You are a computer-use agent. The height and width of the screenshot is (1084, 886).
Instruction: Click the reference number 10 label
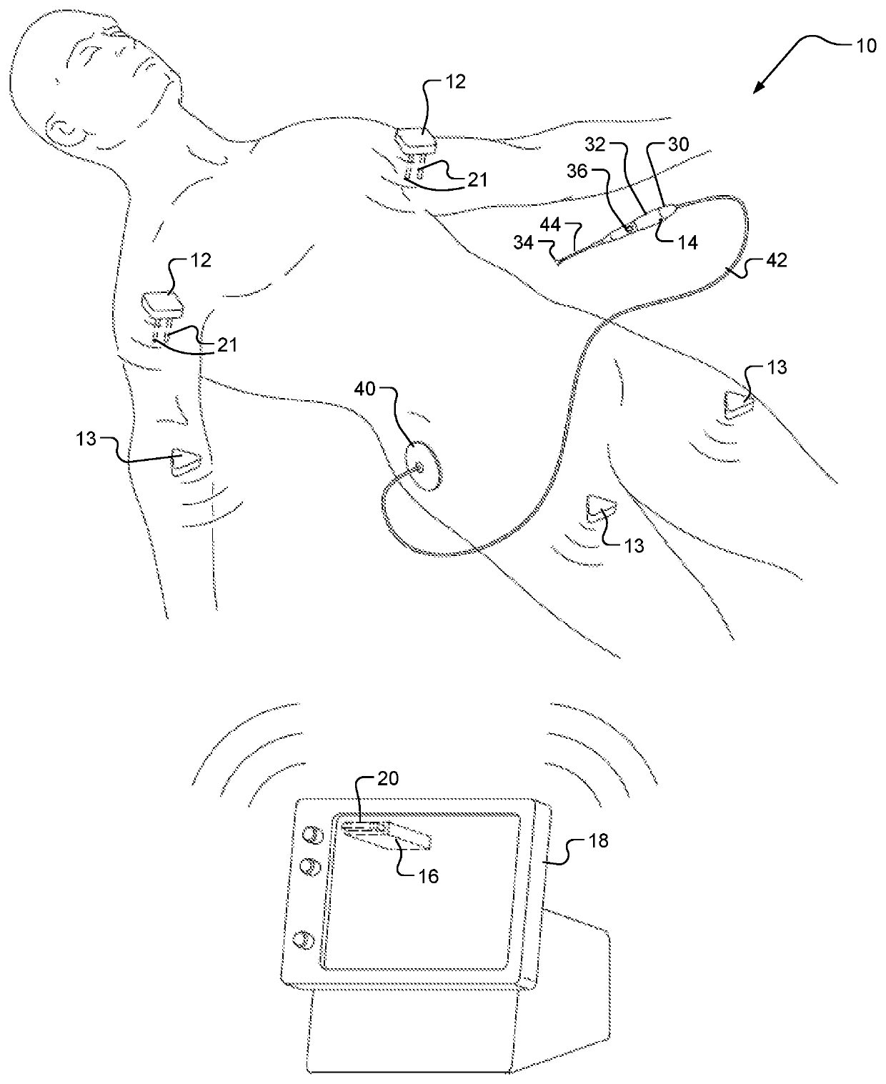click(x=865, y=46)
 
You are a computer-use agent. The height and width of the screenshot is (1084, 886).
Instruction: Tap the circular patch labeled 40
click(x=421, y=466)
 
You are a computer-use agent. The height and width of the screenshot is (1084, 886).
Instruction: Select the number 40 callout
click(x=365, y=390)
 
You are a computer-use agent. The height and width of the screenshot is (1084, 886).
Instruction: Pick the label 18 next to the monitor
click(x=598, y=841)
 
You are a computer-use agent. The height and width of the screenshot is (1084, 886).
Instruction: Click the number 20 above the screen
click(x=388, y=778)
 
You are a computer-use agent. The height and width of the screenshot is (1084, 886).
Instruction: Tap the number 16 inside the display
click(x=428, y=876)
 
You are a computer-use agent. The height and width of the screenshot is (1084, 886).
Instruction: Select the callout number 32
click(x=595, y=145)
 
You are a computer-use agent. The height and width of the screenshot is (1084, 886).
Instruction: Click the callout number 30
click(x=677, y=145)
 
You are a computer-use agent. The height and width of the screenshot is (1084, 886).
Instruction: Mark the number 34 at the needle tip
click(x=523, y=243)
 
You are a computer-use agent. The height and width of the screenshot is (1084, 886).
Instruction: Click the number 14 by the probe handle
click(x=687, y=243)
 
